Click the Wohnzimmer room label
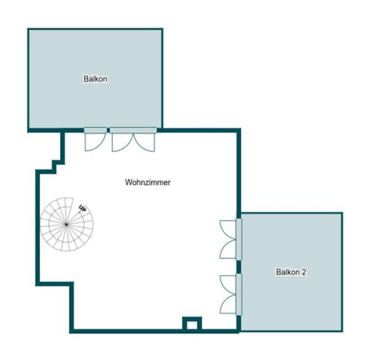(148, 182)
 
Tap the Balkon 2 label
(291, 272)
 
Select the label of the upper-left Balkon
(95, 79)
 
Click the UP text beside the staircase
(83, 208)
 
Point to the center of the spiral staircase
(67, 224)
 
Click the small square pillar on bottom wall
(192, 324)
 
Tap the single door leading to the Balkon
(95, 139)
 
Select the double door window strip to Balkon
(133, 131)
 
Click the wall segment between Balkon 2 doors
(239, 267)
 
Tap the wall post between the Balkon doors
(108, 131)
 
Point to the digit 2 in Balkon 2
(304, 272)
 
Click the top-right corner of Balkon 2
(342, 213)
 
